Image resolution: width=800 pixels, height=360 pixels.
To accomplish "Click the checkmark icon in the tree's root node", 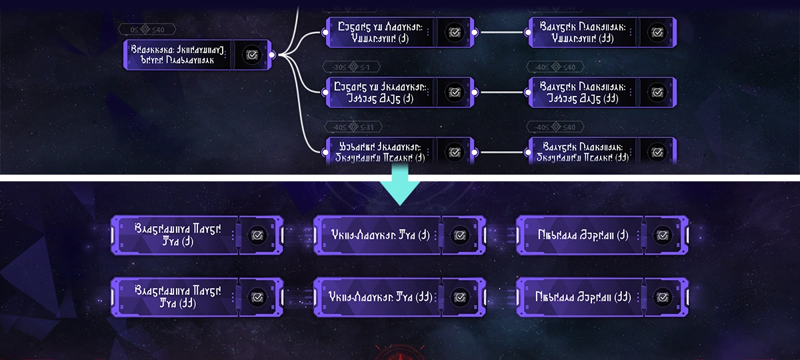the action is point(251,55).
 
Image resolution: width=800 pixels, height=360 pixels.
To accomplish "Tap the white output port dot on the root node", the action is point(272,55).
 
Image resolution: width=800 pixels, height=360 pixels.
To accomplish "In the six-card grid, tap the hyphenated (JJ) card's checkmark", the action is point(459,297).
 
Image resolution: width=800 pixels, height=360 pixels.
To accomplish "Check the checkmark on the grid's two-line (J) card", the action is point(256,235).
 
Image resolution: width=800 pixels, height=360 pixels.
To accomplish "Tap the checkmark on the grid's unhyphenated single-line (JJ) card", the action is point(661,297).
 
